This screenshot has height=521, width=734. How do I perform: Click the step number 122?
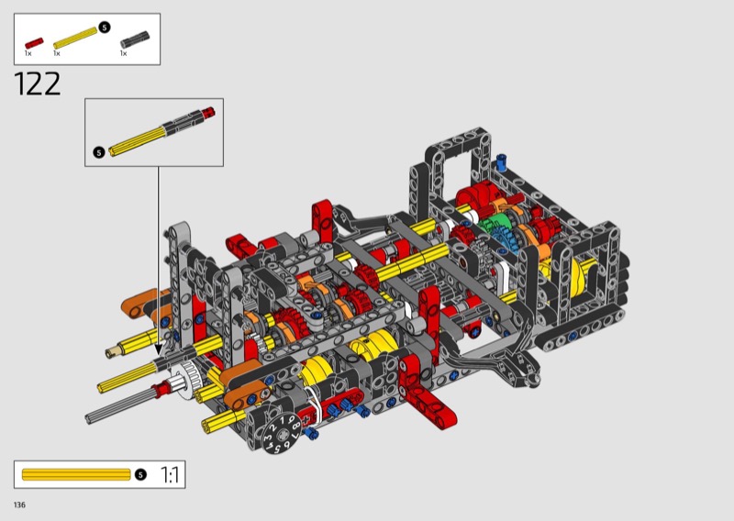point(38,83)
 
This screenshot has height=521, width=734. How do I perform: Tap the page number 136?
point(19,504)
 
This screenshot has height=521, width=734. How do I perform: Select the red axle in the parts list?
point(34,43)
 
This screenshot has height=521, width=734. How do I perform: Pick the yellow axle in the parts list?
point(75,38)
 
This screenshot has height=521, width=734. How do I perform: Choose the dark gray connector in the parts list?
point(135,39)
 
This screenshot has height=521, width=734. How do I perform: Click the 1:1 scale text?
point(170,474)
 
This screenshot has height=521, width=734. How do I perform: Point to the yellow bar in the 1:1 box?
point(76,474)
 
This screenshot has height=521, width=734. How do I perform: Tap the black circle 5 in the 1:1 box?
point(140,474)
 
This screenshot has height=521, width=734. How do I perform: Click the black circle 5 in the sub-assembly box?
point(99,152)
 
